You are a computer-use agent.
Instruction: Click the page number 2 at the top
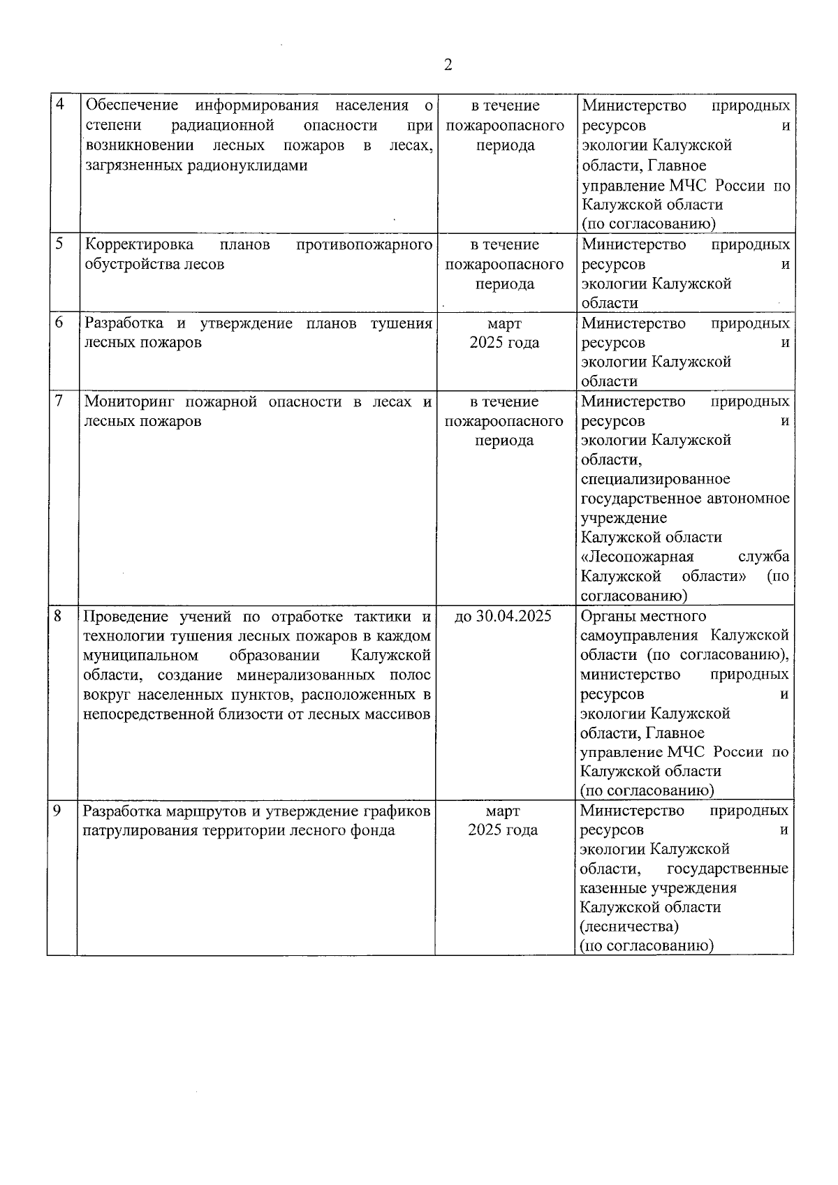coord(448,65)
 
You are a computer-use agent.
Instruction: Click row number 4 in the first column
coord(60,105)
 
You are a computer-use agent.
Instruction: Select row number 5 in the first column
coord(60,244)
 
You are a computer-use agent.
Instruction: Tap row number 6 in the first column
coord(60,322)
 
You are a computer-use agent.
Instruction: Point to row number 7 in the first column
coord(60,400)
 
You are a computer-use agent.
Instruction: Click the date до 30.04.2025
coord(503,616)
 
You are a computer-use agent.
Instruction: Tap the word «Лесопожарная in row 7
coord(637,557)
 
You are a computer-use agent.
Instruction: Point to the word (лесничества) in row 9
coord(628,926)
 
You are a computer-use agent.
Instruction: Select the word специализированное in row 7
coord(655,479)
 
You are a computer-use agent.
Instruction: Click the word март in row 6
coord(504,323)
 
